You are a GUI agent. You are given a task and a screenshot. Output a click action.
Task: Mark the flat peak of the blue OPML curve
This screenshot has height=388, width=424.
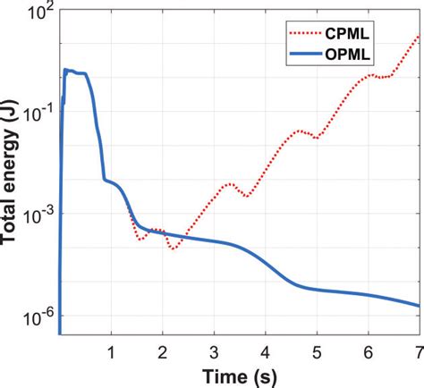click(75, 72)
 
